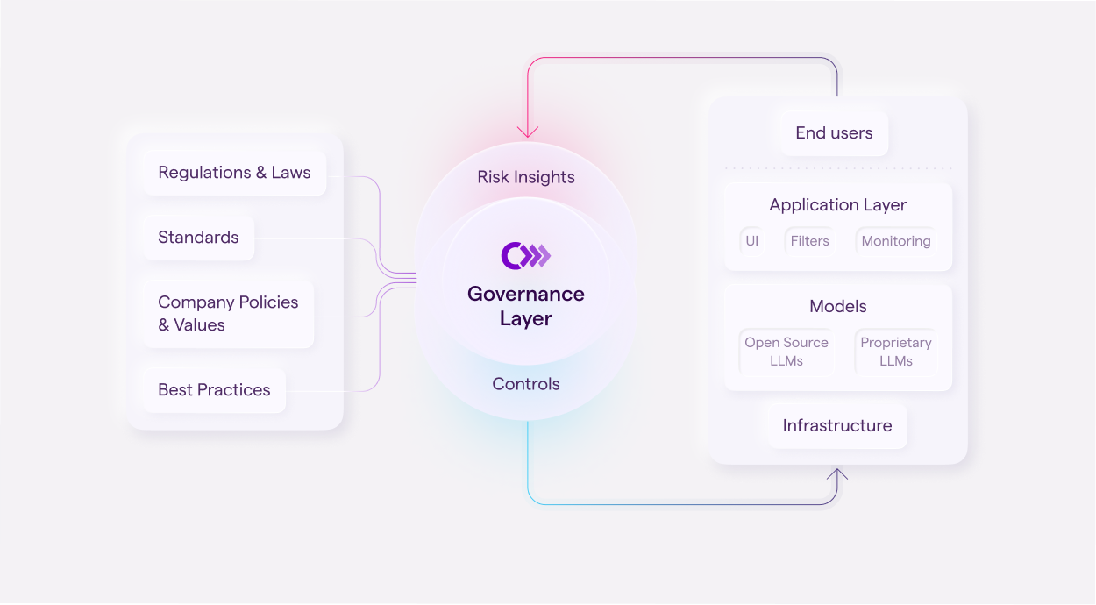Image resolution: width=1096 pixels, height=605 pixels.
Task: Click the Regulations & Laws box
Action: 234,173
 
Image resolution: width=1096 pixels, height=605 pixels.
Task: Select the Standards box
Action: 198,238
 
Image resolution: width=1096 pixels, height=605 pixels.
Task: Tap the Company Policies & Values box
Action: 228,313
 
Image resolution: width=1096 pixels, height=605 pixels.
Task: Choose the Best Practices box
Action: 214,390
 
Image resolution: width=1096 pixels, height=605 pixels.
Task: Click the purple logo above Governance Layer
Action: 526,255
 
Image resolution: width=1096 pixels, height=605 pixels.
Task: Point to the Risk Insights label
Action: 526,177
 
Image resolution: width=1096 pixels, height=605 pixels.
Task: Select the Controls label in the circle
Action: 526,384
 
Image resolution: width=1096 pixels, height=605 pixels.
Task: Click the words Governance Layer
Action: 526,306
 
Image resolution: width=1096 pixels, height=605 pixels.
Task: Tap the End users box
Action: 834,133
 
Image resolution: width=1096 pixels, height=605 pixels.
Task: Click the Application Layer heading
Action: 837,205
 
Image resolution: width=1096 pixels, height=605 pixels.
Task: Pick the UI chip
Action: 752,241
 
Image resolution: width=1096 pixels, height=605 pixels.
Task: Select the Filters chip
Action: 809,241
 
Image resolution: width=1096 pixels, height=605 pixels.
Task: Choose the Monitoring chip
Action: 896,241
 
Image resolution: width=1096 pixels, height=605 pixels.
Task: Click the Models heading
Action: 837,307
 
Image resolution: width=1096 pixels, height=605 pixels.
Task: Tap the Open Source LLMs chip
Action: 786,352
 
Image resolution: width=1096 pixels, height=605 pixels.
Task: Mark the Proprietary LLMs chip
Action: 896,352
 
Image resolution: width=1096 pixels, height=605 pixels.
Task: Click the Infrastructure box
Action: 837,426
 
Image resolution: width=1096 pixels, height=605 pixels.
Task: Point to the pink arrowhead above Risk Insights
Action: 528,132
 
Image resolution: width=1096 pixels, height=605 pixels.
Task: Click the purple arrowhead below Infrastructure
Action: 837,474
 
